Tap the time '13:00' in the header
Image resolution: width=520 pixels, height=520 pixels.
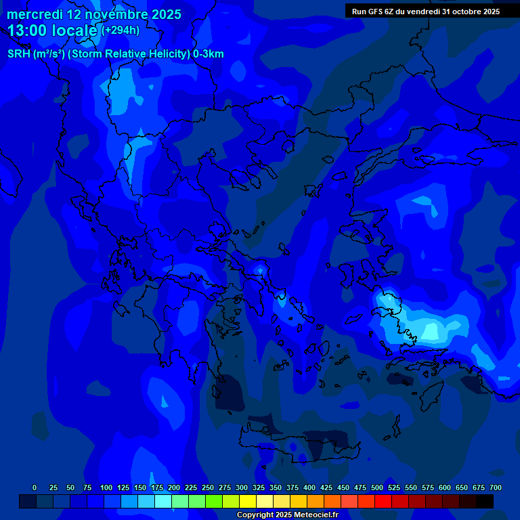click(28, 30)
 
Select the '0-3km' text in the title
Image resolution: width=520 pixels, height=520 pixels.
click(209, 54)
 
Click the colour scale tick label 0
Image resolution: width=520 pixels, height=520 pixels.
click(35, 487)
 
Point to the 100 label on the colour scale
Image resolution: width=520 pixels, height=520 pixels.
click(106, 487)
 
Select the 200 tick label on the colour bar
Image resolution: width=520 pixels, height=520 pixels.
click(174, 487)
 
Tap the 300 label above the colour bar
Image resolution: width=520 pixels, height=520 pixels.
click(242, 487)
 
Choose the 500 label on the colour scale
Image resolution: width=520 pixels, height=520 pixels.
click(377, 487)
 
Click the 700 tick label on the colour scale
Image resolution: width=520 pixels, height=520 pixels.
click(496, 487)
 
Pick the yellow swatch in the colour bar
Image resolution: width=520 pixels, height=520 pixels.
click(248, 502)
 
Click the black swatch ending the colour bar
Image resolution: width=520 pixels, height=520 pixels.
click(485, 502)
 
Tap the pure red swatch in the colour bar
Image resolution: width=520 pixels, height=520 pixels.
click(383, 502)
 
